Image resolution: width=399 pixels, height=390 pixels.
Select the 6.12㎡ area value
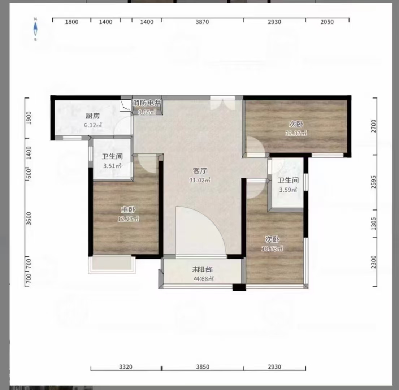coord(93,125)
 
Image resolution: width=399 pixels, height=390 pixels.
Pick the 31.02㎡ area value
coord(200,180)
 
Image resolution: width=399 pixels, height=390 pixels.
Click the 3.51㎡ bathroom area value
coord(112,166)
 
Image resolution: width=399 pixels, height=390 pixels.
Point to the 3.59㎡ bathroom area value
coord(288,189)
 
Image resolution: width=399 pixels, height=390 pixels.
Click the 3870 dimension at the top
coord(202,22)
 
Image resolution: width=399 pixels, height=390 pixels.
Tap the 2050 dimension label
coord(327,22)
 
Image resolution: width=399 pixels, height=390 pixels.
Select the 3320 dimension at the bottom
coord(126,367)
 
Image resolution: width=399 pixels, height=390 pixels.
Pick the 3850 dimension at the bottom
coord(202,367)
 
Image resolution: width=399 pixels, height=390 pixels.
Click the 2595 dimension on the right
coord(374,183)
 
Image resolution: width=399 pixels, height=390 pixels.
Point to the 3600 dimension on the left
coord(29,218)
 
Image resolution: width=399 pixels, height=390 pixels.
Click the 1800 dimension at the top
coord(71,22)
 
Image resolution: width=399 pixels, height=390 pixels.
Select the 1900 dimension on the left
coord(29,118)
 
